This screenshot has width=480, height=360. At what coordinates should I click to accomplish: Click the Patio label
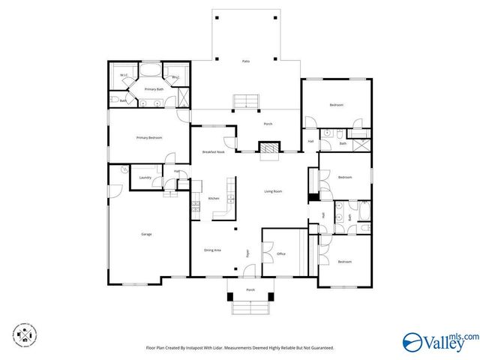pos(245,61)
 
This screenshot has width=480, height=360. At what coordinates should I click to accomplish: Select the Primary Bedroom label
pos(148,138)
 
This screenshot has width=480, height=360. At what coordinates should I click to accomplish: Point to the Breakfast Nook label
pos(214,152)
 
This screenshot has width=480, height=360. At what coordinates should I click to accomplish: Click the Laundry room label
pos(145,178)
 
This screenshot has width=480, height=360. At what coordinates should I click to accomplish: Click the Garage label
pos(146,234)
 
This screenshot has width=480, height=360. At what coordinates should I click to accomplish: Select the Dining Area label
pos(212,250)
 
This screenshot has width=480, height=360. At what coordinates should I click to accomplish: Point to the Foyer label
pos(247,253)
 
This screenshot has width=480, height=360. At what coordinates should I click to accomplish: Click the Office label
pos(281,253)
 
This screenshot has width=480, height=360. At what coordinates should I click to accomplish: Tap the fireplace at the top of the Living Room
pos(268,148)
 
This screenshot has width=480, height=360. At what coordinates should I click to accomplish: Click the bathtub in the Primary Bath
pos(150,73)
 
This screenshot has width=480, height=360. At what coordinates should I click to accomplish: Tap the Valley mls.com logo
pos(439,341)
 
